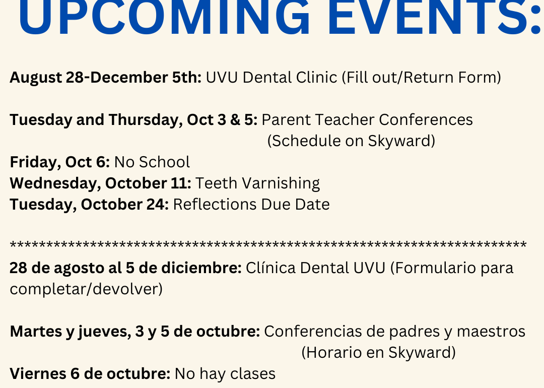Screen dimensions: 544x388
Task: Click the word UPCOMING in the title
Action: click(x=164, y=17)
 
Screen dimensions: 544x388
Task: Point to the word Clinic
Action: click(x=316, y=77)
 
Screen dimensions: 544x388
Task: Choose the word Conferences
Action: click(x=426, y=120)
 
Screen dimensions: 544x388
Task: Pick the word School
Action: click(x=164, y=162)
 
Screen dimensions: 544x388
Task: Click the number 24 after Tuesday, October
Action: click(x=156, y=205)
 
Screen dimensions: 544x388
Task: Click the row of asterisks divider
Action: click(x=268, y=245)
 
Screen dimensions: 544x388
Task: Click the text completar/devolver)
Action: click(x=86, y=289)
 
